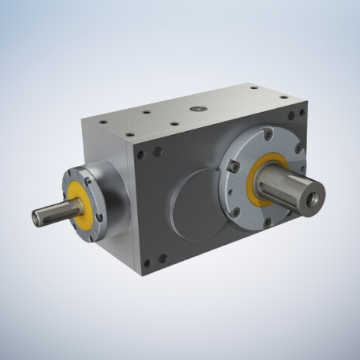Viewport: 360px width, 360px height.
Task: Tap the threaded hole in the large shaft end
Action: (x=314, y=198)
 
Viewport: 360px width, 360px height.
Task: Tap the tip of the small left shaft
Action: (x=36, y=217)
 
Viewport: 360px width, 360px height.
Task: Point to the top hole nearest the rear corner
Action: (x=254, y=87)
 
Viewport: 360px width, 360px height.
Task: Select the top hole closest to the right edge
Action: (x=284, y=97)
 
